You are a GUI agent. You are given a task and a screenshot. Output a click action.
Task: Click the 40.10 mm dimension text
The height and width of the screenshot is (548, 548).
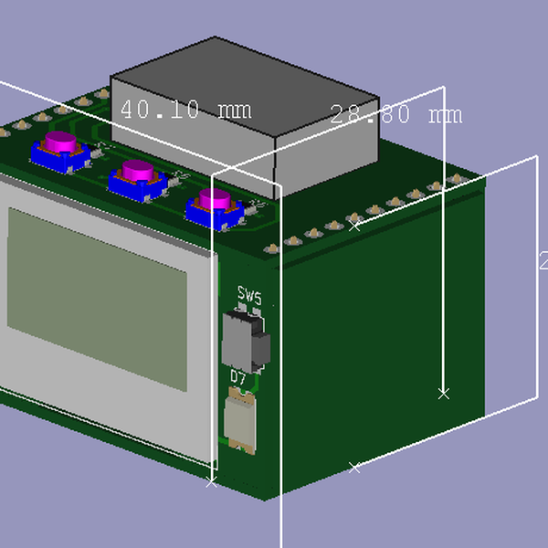185,110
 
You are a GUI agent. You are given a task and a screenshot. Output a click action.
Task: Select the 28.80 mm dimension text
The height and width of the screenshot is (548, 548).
395,114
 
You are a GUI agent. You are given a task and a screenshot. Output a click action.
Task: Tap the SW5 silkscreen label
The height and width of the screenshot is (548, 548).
249,298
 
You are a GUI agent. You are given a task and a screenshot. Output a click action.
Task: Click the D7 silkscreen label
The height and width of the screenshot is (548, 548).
238,376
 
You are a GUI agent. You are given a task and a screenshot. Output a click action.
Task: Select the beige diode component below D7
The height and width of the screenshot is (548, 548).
242,420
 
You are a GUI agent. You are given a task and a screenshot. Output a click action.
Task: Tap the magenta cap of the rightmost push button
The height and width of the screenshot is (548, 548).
216,198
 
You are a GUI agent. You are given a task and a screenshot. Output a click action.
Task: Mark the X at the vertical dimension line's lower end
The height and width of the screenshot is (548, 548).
444,394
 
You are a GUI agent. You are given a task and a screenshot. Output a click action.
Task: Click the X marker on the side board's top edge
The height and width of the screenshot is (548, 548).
355,226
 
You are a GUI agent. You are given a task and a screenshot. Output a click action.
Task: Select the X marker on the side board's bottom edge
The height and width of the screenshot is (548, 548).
355,467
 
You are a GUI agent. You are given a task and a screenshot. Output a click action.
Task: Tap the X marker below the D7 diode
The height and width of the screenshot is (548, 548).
212,481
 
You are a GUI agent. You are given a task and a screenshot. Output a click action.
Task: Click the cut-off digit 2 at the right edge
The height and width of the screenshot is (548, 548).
543,261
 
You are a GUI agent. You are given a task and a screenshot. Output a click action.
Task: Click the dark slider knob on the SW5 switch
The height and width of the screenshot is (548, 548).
262,347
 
